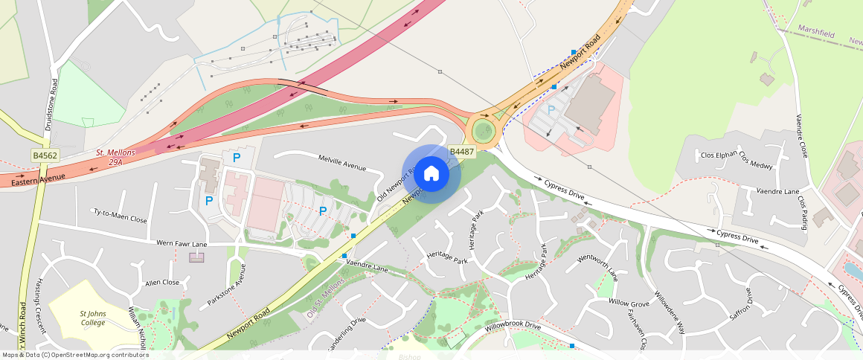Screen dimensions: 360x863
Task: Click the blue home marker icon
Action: [431, 174]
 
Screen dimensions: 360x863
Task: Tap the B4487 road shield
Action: [462, 152]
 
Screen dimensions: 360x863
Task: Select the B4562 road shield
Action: [45, 155]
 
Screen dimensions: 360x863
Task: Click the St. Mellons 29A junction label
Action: [115, 156]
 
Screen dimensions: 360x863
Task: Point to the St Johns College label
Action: [93, 318]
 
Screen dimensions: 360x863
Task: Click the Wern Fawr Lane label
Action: [182, 243]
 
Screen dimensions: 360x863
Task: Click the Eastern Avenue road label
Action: [38, 179]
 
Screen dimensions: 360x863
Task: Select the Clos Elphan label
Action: [718, 155]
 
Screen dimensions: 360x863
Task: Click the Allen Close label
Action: [162, 283]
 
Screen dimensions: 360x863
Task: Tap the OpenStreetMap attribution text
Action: [74, 355]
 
